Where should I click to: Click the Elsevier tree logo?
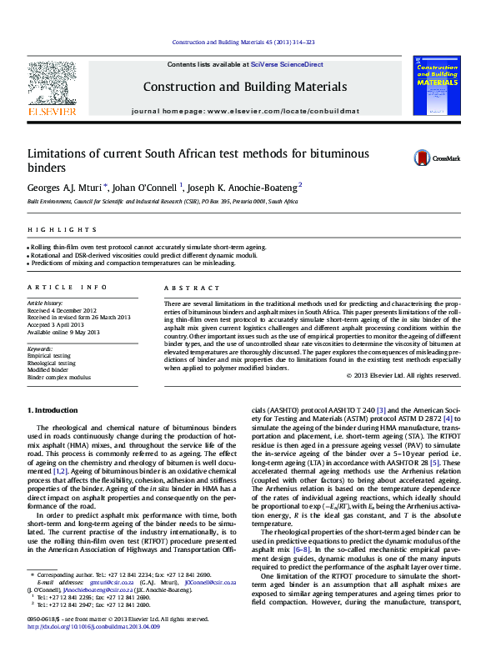tap(53, 86)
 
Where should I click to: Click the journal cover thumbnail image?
tap(437, 84)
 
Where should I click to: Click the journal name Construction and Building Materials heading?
tap(244, 87)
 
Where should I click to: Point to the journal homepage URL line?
tap(245, 111)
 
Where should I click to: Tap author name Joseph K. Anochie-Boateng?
tap(242, 187)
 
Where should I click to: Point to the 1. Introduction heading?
tap(53, 410)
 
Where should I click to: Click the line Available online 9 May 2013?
tap(63, 332)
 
